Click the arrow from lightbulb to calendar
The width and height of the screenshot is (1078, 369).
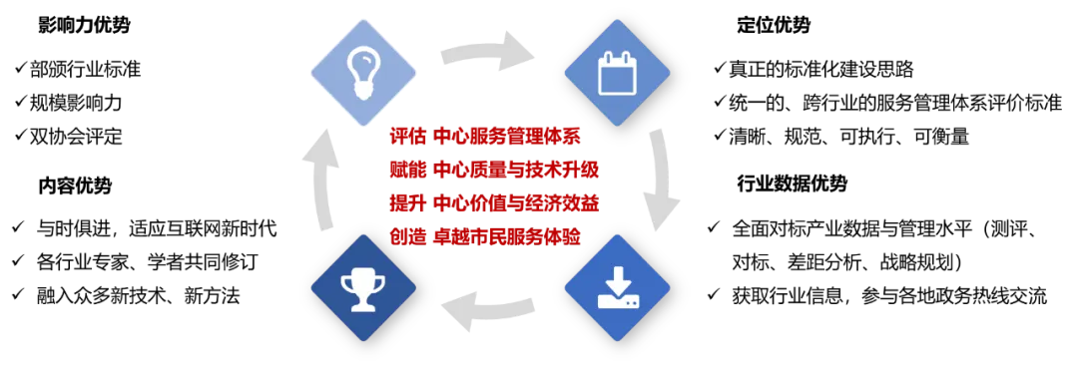[490, 51]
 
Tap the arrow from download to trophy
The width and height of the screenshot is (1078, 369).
[490, 308]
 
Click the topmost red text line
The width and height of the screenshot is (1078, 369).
[485, 137]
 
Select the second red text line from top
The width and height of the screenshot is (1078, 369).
[493, 171]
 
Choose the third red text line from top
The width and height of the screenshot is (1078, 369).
[493, 203]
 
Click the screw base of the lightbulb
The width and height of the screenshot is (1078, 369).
[360, 90]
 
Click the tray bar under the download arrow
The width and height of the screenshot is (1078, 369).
[617, 301]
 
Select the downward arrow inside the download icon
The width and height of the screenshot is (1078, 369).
[617, 278]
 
